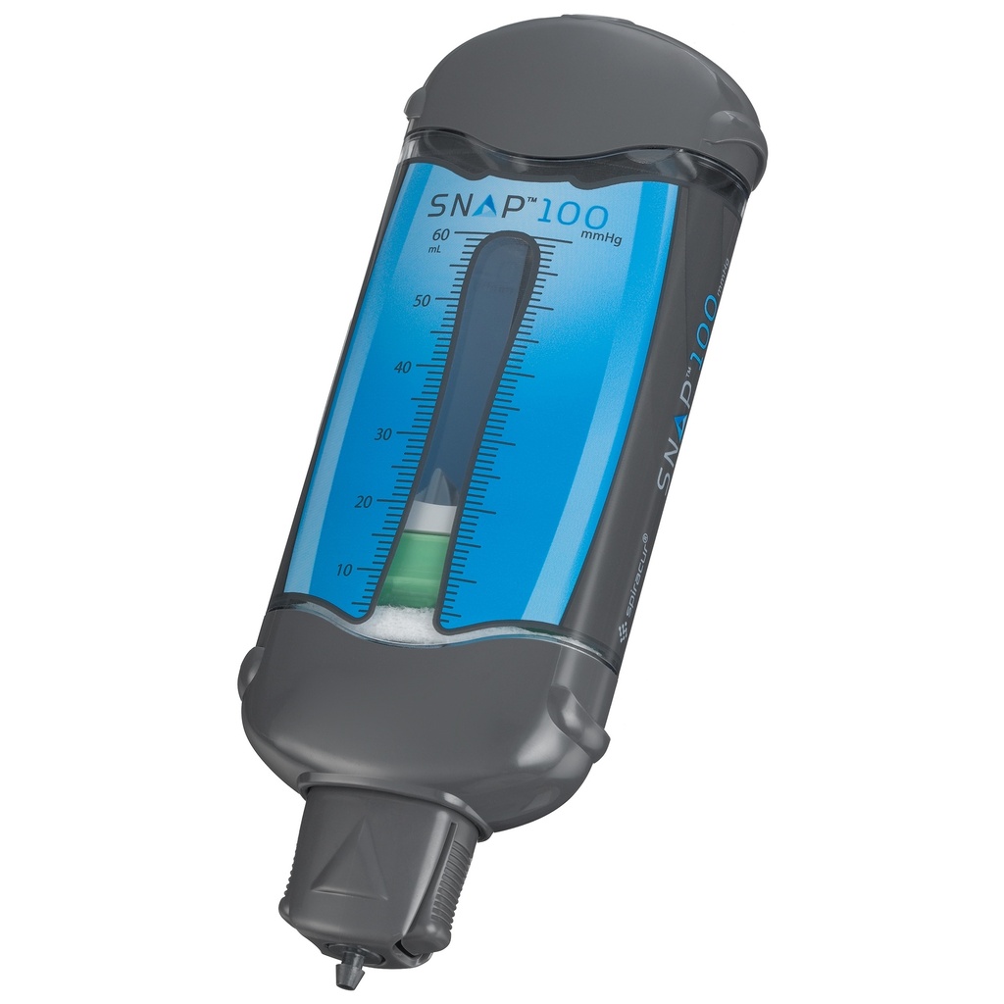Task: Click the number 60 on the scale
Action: pyautogui.click(x=439, y=235)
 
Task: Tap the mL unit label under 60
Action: pyautogui.click(x=434, y=250)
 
